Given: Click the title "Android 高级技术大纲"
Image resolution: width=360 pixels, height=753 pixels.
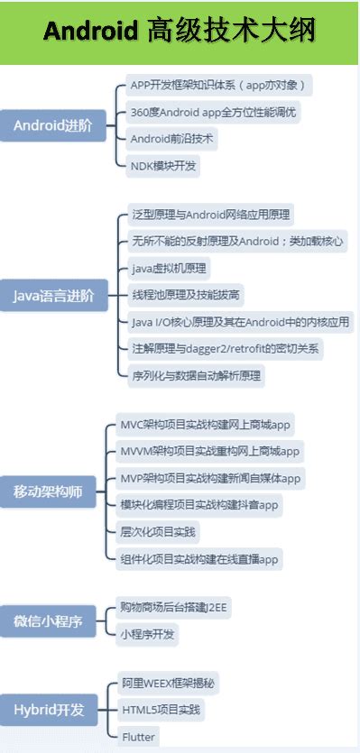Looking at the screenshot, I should (x=180, y=32).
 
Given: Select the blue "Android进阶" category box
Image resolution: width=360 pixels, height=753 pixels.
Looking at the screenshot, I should (x=53, y=125).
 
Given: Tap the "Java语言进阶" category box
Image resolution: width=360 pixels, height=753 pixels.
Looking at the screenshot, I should (x=53, y=294).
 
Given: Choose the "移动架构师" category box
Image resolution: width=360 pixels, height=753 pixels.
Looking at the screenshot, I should (x=53, y=491).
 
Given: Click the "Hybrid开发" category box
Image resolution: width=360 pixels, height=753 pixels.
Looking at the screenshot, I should (x=53, y=710).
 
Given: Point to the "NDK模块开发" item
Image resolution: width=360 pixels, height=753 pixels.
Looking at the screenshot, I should (x=163, y=165).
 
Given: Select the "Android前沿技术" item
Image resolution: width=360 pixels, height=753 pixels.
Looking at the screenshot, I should (x=174, y=140).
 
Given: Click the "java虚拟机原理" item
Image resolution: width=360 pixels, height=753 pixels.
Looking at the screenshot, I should (x=169, y=268).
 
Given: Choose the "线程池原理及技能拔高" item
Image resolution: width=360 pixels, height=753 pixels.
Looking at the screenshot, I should (x=187, y=295).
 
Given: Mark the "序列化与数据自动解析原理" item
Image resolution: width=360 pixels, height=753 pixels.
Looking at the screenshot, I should (x=196, y=374).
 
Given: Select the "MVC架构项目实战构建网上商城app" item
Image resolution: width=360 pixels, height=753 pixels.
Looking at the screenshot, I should (x=207, y=424).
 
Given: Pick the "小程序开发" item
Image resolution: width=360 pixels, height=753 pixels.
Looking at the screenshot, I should (x=149, y=634).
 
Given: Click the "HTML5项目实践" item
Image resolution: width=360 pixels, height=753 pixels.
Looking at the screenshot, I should (x=162, y=710).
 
